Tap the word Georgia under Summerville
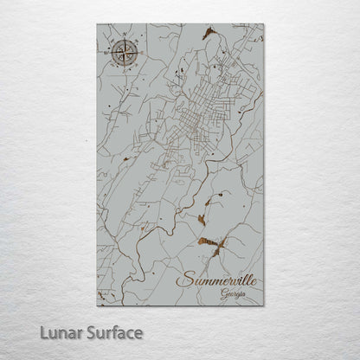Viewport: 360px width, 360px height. (233, 295)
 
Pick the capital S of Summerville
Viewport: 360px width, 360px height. (183, 281)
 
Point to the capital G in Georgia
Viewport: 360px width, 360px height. (223, 295)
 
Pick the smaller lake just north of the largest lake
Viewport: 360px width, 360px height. (208, 202)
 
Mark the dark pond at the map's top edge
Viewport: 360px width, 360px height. (207, 33)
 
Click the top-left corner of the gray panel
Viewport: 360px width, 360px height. (97, 24)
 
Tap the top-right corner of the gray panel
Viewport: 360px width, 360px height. (263, 24)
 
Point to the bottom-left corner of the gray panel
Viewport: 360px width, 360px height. (97, 305)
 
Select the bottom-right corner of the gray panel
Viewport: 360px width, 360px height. (263, 305)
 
